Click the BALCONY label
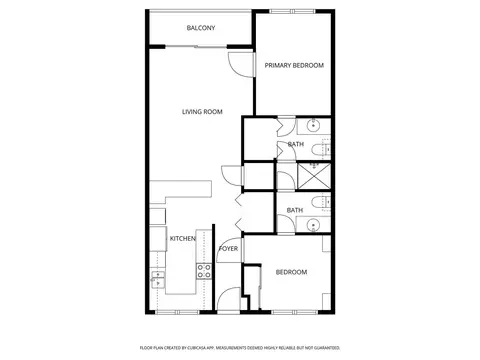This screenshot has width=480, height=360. (201, 28)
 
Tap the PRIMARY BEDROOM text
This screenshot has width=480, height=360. (294, 65)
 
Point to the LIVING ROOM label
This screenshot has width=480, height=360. (202, 112)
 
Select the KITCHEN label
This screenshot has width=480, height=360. (183, 239)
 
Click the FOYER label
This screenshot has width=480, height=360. (228, 249)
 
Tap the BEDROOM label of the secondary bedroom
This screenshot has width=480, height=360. (291, 272)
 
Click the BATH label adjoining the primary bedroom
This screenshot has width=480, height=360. (296, 144)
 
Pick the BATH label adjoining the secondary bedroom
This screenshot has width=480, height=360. (295, 210)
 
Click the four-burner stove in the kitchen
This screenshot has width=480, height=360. (204, 271)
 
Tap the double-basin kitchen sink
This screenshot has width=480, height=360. (158, 279)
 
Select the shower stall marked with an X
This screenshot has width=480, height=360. (313, 176)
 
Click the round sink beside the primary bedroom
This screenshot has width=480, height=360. (313, 126)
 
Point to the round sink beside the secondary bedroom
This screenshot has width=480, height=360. (313, 225)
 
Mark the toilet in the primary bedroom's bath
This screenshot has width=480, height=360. (321, 150)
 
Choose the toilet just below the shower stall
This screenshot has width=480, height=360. (321, 202)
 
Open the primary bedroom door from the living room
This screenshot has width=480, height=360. (242, 65)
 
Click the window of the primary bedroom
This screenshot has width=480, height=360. (292, 11)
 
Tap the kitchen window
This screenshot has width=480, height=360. (177, 312)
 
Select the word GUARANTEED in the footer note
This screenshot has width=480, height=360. (329, 348)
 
